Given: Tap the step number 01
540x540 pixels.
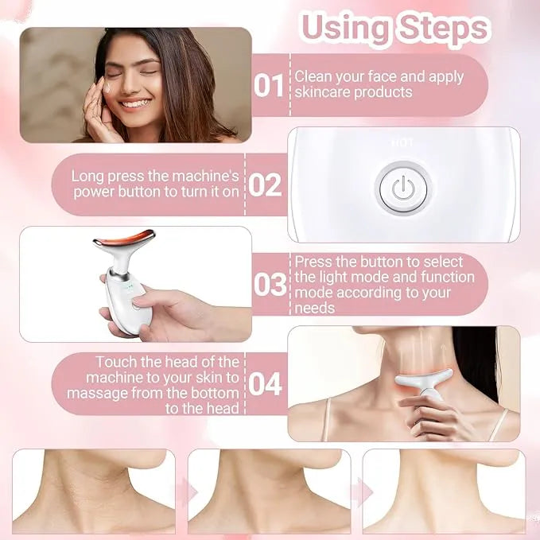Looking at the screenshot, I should [268, 85].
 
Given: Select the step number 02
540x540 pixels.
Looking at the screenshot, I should [266, 185].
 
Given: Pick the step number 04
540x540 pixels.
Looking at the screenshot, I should [266, 383].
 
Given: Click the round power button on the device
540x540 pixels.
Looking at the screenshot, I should [403, 188].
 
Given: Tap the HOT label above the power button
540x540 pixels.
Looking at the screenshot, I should [402, 143].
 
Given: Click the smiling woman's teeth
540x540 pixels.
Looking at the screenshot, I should [136, 103].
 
